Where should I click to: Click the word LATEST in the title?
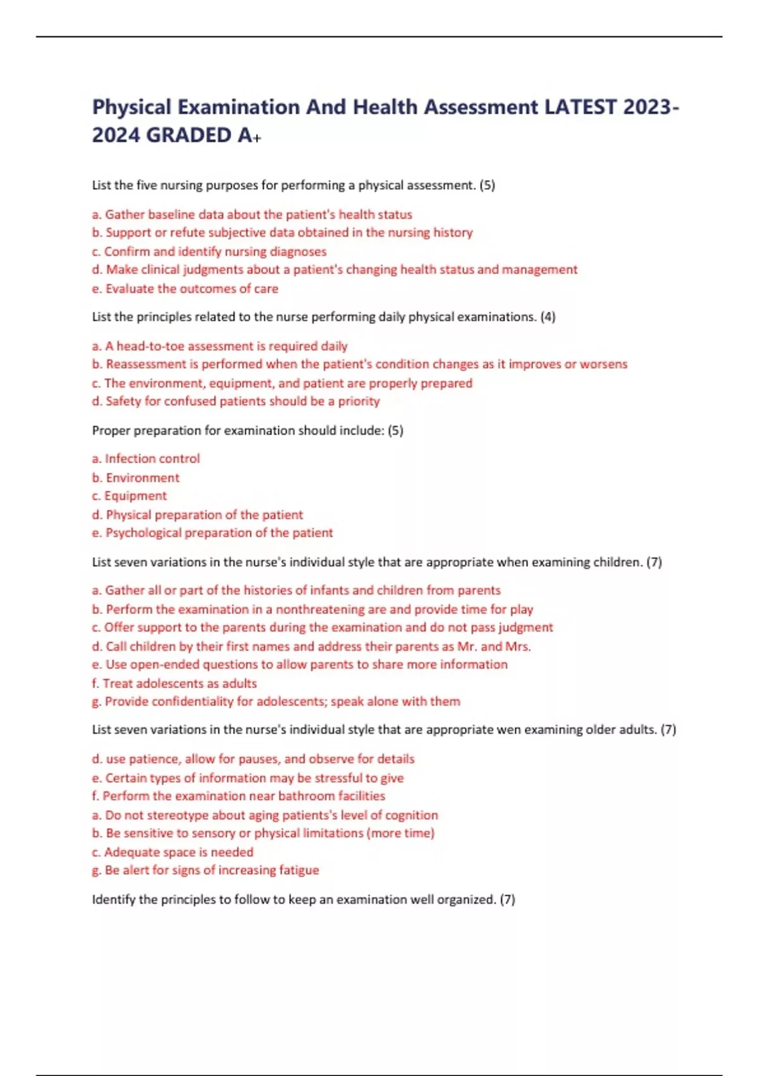point(580,107)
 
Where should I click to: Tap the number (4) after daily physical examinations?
point(548,316)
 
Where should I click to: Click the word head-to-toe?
point(151,346)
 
